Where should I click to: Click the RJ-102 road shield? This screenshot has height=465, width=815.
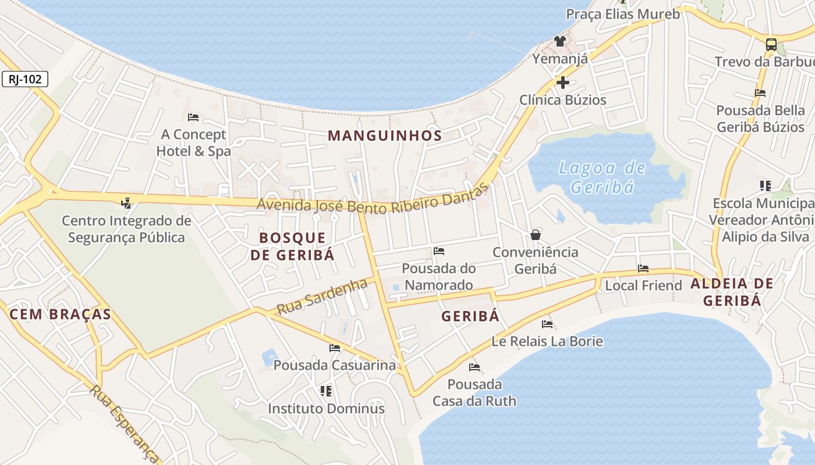point(25,79)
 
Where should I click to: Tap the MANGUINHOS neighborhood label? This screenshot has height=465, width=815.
point(385,136)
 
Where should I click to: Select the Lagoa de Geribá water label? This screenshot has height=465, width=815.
point(602,177)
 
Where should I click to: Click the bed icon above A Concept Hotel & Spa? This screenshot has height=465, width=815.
point(194,117)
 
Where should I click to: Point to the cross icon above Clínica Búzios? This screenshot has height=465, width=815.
point(562,83)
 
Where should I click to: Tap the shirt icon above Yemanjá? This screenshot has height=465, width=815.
point(559,41)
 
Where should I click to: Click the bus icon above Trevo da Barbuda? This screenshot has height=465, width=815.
point(771,44)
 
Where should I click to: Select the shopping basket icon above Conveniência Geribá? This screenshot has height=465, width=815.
point(536,235)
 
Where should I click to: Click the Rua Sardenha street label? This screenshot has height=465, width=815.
point(322,296)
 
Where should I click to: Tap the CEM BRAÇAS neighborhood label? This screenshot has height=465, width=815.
point(60,314)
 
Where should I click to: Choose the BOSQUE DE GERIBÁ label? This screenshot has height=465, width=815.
point(292,246)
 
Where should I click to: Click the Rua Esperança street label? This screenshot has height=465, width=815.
point(124,423)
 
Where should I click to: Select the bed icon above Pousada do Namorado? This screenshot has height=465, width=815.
point(439,251)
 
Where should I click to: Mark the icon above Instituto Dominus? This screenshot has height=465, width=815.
point(326,391)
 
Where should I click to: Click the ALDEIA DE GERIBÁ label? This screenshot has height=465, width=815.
point(732,292)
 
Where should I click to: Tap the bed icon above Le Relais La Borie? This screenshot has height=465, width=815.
point(547,324)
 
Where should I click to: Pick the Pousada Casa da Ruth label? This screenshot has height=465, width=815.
point(474,392)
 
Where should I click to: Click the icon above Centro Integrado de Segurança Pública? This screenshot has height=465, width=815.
point(126,203)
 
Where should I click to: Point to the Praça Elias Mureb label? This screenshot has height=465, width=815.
point(623,14)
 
